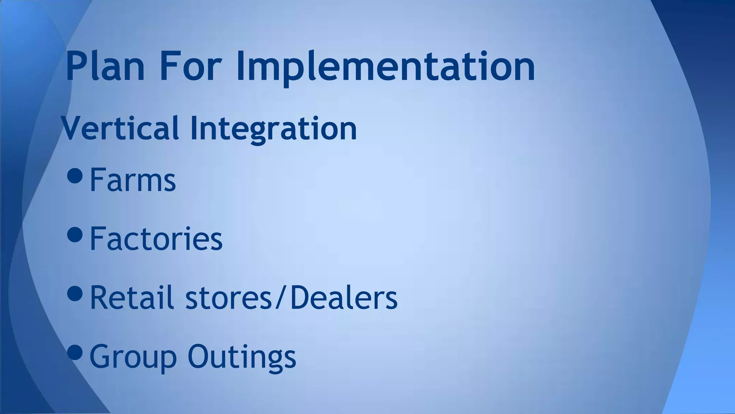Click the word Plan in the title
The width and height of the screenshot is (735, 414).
pyautogui.click(x=105, y=66)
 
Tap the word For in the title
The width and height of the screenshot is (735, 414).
pyautogui.click(x=189, y=66)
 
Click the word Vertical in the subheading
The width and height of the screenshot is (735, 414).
pyautogui.click(x=120, y=128)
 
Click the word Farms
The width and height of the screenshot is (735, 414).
pyautogui.click(x=132, y=180)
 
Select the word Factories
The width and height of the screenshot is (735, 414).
pyautogui.click(x=156, y=239)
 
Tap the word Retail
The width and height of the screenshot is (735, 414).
pyautogui.click(x=132, y=298)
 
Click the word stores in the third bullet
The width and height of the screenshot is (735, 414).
pyautogui.click(x=229, y=298)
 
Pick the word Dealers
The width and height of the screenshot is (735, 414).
pyautogui.click(x=343, y=298)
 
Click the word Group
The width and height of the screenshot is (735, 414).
pyautogui.click(x=133, y=357)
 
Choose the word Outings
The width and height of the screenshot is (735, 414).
pyautogui.click(x=242, y=357)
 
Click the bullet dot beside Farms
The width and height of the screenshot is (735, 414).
pyautogui.click(x=75, y=175)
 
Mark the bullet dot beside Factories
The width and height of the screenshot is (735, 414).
pyautogui.click(x=75, y=234)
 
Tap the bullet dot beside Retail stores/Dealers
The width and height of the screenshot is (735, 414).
pyautogui.click(x=75, y=293)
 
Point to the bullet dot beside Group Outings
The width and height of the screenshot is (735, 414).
pyautogui.click(x=75, y=352)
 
